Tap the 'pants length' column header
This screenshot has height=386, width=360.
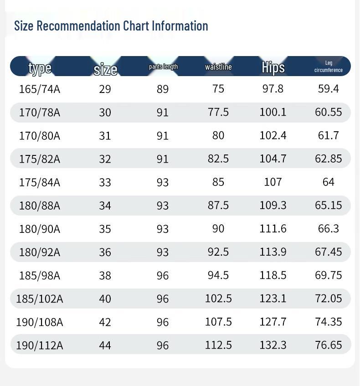[163, 67]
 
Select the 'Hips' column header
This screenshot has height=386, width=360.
[273, 67]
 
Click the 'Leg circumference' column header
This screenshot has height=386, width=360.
[328, 67]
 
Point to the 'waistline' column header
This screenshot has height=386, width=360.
[218, 67]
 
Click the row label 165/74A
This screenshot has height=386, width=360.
[40, 89]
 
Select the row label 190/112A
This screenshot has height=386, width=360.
[40, 345]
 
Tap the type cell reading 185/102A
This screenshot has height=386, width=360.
[40, 299]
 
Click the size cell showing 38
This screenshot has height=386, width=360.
[105, 276]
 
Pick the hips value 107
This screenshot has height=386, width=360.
[273, 182]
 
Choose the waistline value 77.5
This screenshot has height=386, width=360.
[218, 112]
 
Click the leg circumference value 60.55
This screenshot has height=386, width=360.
[328, 112]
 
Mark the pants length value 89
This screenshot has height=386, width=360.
[163, 89]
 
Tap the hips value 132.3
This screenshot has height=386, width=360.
[273, 345]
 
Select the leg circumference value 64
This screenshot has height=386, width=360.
[328, 182]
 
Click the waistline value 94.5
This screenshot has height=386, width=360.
[218, 275]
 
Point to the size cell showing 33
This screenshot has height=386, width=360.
[105, 182]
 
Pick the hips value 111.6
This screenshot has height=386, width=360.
[273, 228]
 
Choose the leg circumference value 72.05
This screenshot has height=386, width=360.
[328, 299]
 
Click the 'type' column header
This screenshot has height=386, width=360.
[40, 68]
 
